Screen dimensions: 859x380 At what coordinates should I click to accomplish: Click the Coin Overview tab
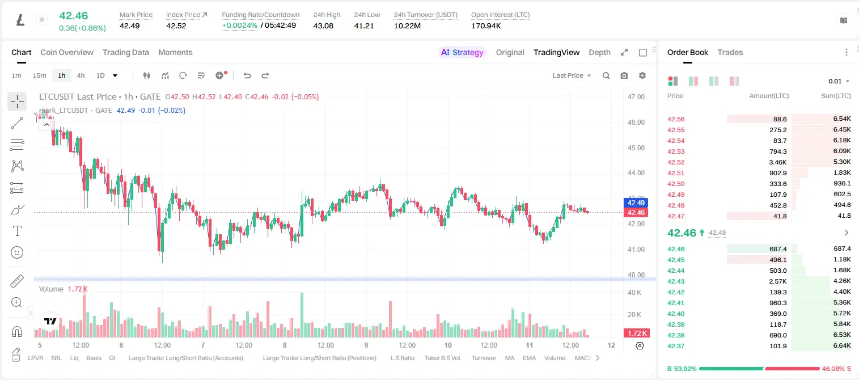[x=67, y=52]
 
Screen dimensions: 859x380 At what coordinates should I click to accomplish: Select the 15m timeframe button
[x=40, y=75]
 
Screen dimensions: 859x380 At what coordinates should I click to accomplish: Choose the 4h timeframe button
[x=81, y=75]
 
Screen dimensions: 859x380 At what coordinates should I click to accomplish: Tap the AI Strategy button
[x=462, y=52]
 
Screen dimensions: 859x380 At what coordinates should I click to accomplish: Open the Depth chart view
[x=599, y=52]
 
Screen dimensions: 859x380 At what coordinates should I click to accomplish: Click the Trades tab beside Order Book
[x=730, y=52]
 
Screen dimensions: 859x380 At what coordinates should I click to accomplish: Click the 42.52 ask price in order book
[x=676, y=162]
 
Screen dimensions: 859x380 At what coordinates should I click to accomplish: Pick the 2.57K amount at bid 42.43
[x=778, y=281]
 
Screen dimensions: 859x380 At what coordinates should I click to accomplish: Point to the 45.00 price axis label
[x=636, y=148]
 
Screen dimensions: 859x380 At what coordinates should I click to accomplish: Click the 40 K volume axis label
[x=634, y=293]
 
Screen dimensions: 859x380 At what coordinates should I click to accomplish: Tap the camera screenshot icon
[x=624, y=75]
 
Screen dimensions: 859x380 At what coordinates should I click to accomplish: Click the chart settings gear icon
[x=642, y=75]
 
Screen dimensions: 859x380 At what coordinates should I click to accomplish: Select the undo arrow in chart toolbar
[x=247, y=75]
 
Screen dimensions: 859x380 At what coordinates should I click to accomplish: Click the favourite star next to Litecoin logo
[x=42, y=19]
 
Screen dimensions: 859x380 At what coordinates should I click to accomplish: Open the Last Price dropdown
[x=572, y=75]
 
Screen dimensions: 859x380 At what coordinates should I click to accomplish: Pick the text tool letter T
[x=17, y=231]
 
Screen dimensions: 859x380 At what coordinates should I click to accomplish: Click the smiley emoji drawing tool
[x=17, y=252]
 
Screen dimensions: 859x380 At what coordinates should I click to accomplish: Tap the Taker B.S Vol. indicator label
[x=442, y=358]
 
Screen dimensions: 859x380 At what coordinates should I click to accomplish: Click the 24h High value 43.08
[x=323, y=26]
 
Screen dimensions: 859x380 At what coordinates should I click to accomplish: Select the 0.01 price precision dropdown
[x=839, y=81]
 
